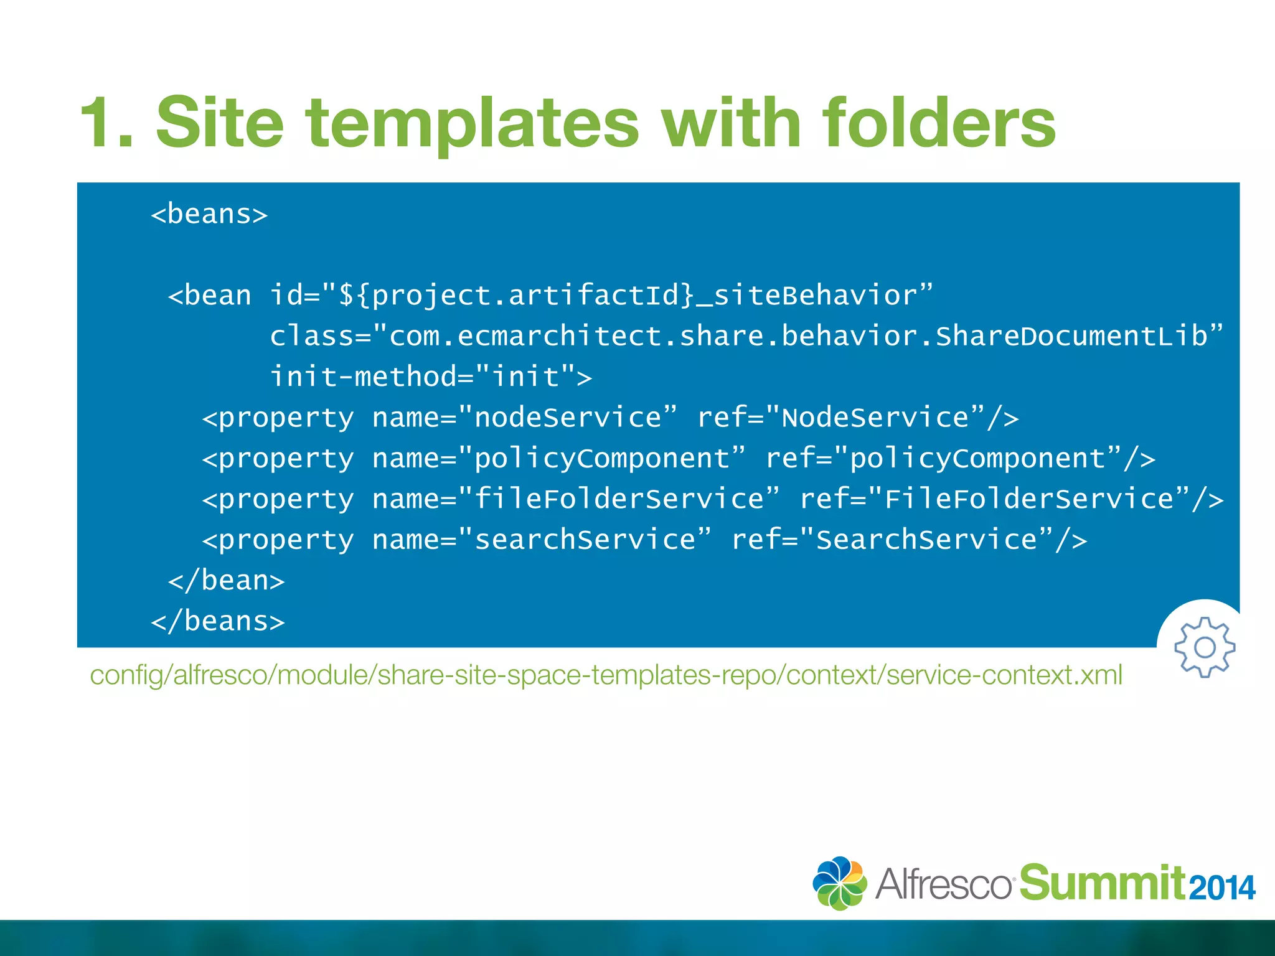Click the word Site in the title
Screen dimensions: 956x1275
click(220, 123)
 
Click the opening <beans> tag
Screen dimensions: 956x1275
click(209, 214)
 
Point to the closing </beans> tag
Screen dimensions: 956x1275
click(218, 621)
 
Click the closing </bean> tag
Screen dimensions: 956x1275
click(227, 580)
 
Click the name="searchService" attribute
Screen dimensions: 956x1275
click(541, 540)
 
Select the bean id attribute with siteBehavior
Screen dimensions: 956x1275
click(601, 295)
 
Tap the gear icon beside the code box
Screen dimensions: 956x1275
click(1205, 647)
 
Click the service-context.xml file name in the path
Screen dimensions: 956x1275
click(1004, 675)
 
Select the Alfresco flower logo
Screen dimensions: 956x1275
click(839, 883)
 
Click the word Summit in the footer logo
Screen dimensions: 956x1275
click(1102, 883)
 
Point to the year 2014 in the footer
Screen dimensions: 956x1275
click(1222, 888)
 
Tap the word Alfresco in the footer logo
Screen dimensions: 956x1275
click(943, 884)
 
